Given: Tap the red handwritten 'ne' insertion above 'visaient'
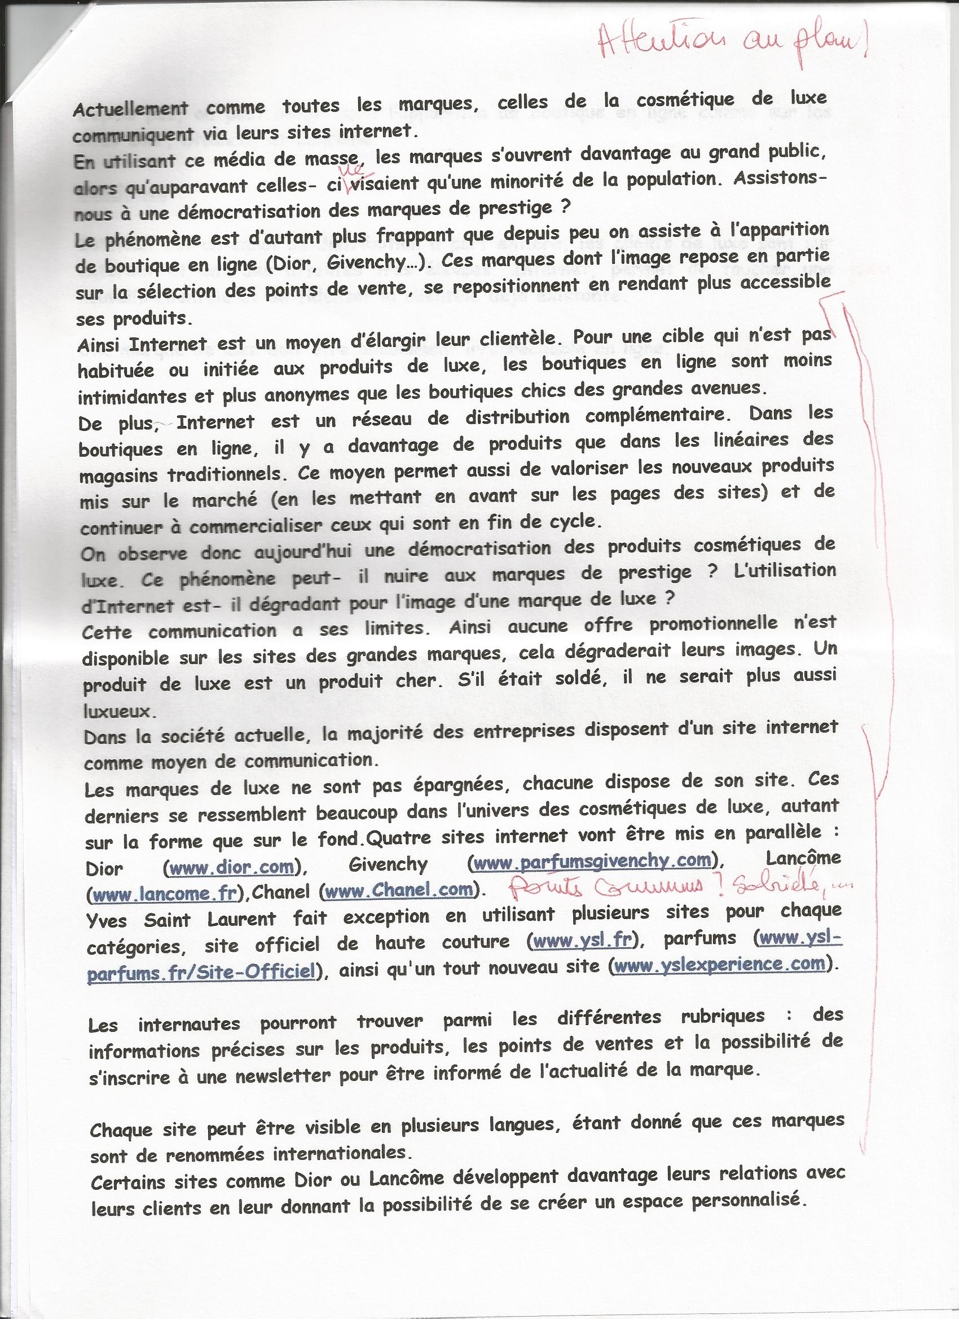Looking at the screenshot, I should [354, 169].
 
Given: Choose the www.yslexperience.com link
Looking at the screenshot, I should [720, 964].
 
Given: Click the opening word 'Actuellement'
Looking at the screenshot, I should [131, 109].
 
